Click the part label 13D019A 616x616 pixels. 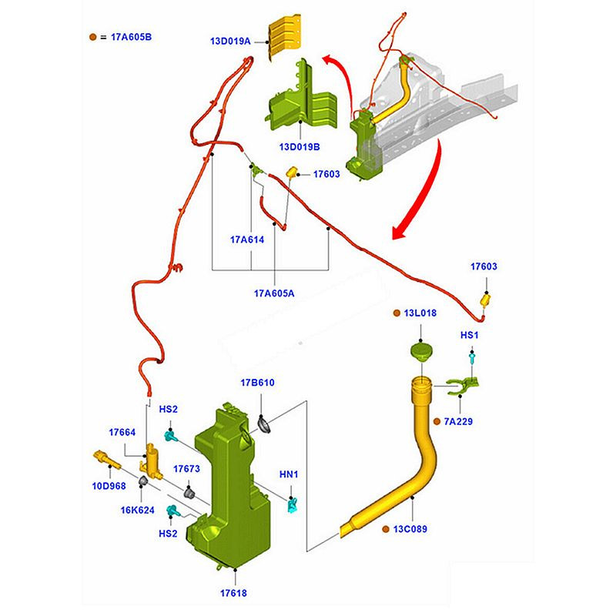tap(231, 42)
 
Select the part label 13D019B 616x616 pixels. tap(300, 146)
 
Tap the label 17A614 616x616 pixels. tap(248, 240)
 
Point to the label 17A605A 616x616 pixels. tap(274, 293)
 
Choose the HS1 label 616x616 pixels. tap(470, 336)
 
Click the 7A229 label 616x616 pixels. tap(459, 422)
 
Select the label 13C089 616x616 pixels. tap(410, 529)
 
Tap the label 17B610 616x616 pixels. tap(257, 383)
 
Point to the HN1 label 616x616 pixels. tap(289, 475)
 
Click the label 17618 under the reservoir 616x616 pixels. tap(233, 593)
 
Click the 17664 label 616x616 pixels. tap(122, 433)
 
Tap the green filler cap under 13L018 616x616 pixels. tap(420, 355)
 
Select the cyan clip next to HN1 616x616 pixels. tap(293, 505)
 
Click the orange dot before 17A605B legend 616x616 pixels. tap(93, 36)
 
